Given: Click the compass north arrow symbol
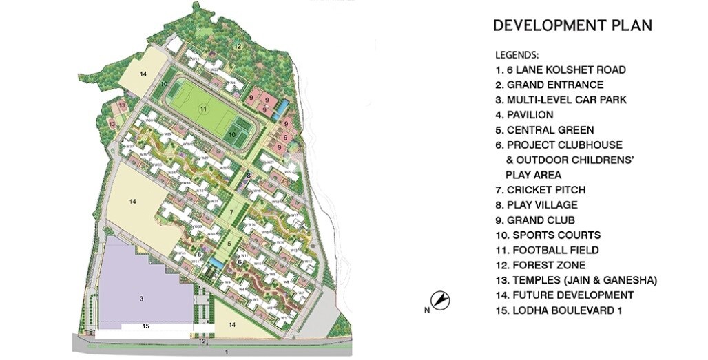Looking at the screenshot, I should pos(440,300).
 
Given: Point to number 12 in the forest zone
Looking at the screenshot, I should pos(236,46).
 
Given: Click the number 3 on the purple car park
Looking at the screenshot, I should pos(140,299).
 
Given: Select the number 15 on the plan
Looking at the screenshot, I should pos(145,325).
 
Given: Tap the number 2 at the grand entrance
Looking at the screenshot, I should pos(204,341).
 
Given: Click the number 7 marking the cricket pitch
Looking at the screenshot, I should pos(231,211).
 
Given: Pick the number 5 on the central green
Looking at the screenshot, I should pos(230,244).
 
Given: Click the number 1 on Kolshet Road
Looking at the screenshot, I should pos(226,352).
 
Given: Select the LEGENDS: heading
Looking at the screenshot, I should pos(517,54).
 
